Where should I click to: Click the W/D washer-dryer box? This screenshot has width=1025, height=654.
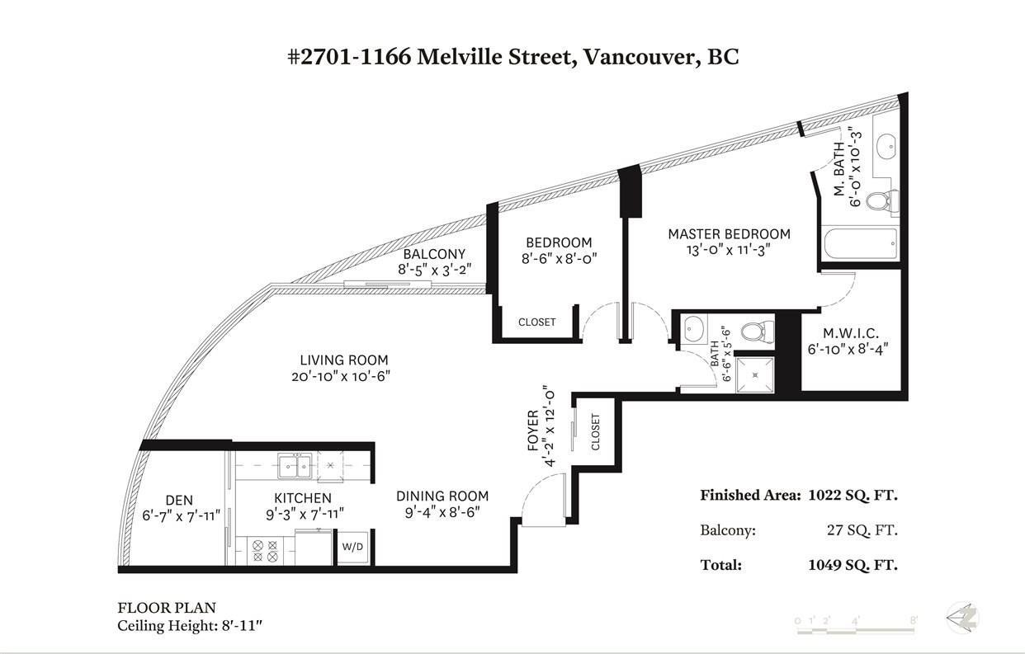[x=352, y=547]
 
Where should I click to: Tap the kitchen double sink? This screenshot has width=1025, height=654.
[x=295, y=466]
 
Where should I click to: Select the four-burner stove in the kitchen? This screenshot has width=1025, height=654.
[x=266, y=551]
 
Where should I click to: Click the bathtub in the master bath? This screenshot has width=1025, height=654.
[x=861, y=243]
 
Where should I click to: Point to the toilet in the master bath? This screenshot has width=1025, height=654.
[x=882, y=200]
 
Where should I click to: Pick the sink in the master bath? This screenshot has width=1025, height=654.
[x=886, y=145]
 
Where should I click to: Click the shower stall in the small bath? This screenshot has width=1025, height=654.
[x=755, y=375]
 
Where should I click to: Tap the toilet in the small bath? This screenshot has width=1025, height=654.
[x=758, y=331]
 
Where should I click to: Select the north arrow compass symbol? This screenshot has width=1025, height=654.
[x=963, y=618]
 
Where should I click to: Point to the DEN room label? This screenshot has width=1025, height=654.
[x=179, y=500]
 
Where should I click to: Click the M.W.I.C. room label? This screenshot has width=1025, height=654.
[x=851, y=333]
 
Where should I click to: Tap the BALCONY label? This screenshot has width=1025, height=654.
[x=434, y=254]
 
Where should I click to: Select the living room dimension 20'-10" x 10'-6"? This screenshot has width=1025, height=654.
[x=341, y=376]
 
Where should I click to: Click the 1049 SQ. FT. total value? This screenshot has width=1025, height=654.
[x=853, y=565]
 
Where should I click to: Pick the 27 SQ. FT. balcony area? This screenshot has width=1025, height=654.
[x=862, y=530]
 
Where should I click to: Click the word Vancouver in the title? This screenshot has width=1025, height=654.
[x=640, y=58]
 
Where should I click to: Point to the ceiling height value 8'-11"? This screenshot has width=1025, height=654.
[x=242, y=626]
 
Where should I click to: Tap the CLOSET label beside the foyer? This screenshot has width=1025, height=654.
[x=595, y=432]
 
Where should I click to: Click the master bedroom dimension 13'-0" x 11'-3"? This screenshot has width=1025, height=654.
[x=729, y=250]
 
